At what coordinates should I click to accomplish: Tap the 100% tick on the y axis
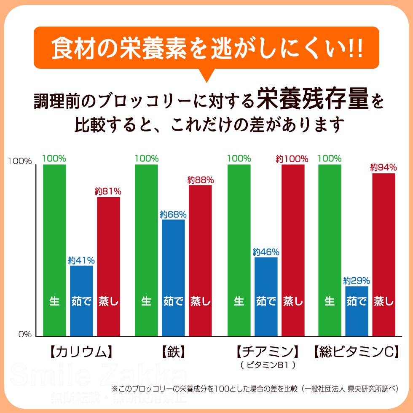click(x=20, y=161)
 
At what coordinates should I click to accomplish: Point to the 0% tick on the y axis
click(x=24, y=335)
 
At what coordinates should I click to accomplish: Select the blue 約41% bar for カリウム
click(x=81, y=301)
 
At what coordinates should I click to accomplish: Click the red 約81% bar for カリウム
click(x=108, y=266)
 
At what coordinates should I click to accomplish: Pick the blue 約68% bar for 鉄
click(x=173, y=278)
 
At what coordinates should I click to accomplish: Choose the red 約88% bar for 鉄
click(x=200, y=260)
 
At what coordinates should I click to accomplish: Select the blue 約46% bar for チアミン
click(x=266, y=297)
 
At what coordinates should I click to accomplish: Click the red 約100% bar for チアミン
click(x=293, y=250)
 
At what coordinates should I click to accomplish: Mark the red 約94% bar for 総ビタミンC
click(x=383, y=255)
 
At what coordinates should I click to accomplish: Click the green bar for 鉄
click(x=146, y=250)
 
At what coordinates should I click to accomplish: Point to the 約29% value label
click(x=357, y=280)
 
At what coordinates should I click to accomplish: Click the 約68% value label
click(x=173, y=214)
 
